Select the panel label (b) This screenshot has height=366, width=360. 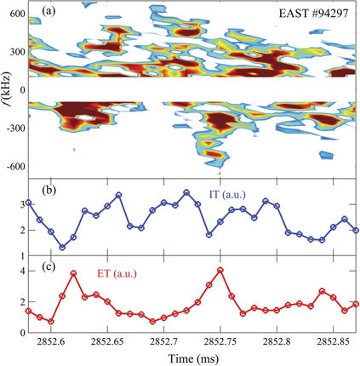pyautogui.click(x=40, y=186)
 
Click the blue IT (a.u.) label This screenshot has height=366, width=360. pyautogui.click(x=228, y=195)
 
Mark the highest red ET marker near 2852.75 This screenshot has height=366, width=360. pyautogui.click(x=220, y=270)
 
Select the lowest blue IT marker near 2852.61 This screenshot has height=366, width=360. pyautogui.click(x=62, y=248)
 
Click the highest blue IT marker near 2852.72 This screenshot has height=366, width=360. pyautogui.click(x=186, y=192)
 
